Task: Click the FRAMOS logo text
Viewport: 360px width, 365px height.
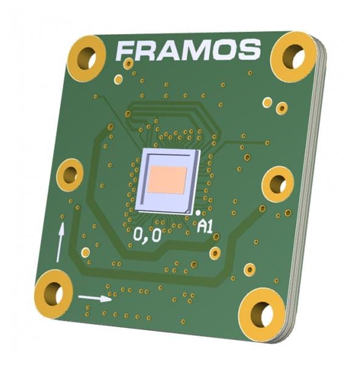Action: pos(189,50)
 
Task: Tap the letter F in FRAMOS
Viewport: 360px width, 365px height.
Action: pos(126,52)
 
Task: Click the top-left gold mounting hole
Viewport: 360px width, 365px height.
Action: pos(86,58)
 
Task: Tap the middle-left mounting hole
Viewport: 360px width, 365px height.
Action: pos(70,175)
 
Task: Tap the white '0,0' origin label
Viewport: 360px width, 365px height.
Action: pos(147,235)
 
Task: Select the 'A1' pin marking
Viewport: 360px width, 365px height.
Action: pos(207,227)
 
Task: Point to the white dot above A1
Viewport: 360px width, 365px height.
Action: pos(199,212)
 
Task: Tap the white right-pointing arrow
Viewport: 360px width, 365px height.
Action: pos(95,298)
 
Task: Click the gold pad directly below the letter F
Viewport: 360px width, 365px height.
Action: pos(128,64)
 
